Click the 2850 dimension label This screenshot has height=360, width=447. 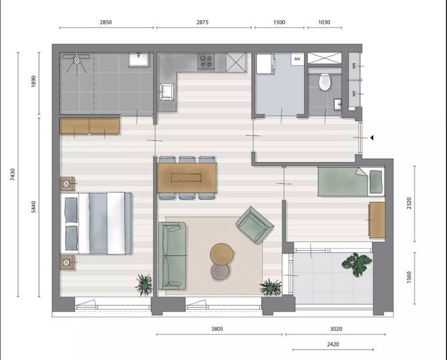pyautogui.click(x=105, y=22)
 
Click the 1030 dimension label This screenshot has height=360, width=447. pyautogui.click(x=324, y=22)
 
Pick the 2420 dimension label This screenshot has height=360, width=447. pyautogui.click(x=332, y=344)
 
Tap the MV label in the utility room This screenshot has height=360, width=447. pyautogui.click(x=297, y=59)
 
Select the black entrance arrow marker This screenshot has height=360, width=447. pyautogui.click(x=371, y=138)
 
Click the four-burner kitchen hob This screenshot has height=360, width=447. pyautogui.click(x=206, y=61)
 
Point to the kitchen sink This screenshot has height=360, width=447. pyautogui.click(x=166, y=91)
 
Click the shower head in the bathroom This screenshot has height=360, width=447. pyautogui.click(x=77, y=59)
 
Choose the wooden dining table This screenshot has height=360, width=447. pyautogui.click(x=187, y=177)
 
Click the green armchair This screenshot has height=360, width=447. pyautogui.click(x=254, y=224)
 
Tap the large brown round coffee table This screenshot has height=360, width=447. pyautogui.click(x=222, y=254)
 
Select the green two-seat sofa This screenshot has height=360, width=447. pyautogui.click(x=173, y=255)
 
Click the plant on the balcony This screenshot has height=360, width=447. pyautogui.click(x=356, y=263)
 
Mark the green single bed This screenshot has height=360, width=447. pyautogui.click(x=349, y=181)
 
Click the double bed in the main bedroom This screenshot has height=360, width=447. pyautogui.click(x=97, y=223)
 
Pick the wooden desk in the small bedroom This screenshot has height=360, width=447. pyautogui.click(x=377, y=220)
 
